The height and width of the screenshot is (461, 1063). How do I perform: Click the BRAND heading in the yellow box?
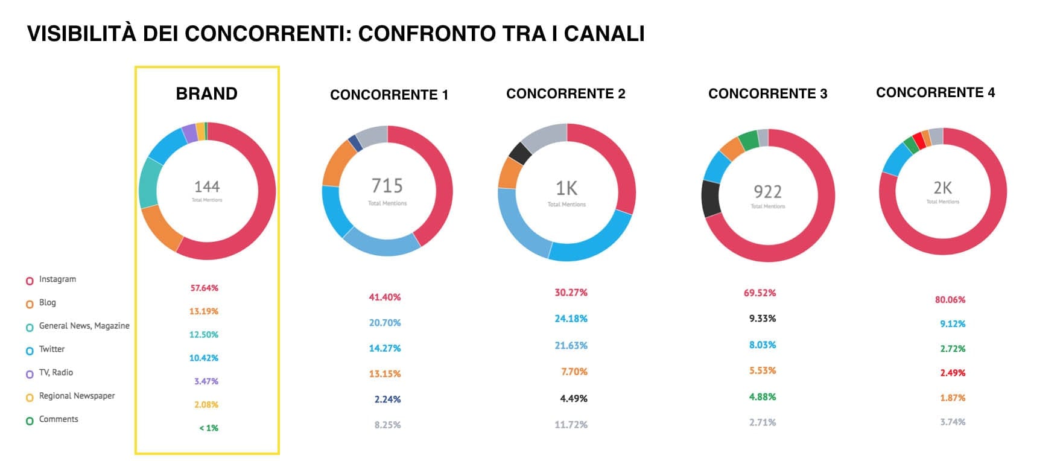206,94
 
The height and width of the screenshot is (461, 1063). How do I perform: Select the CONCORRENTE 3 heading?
767,94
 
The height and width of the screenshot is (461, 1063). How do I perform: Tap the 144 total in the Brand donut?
207,187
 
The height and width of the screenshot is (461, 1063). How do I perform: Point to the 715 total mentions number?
387,185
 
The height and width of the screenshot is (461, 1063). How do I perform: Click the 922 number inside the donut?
767,192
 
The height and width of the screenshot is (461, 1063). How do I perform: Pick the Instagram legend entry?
57,279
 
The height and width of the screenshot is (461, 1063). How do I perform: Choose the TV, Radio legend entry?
56,373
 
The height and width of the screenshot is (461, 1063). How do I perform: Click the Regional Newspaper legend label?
77,396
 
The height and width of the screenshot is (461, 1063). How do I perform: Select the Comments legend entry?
59,419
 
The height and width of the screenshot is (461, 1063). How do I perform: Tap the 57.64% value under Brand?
205,288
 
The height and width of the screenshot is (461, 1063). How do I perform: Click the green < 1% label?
209,428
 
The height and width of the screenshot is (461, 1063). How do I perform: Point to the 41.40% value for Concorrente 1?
385,297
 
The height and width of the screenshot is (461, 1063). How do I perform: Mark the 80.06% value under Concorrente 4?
950,300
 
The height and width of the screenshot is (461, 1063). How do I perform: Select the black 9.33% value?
763,319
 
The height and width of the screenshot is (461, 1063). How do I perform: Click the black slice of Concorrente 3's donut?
711,199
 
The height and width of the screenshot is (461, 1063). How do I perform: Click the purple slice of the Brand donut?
189,133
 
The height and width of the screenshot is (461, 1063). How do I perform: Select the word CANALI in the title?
604,34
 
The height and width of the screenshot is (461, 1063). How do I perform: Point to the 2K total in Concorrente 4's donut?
942,188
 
